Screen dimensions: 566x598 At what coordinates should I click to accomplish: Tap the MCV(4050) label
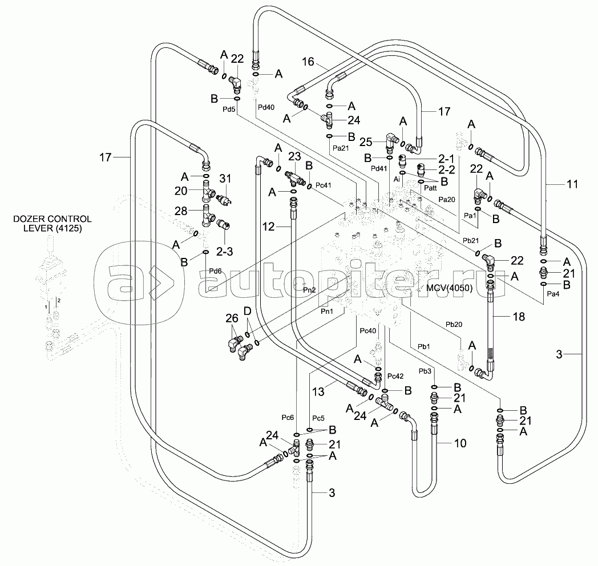[449, 288]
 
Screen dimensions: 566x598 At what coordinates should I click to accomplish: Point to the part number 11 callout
[572, 184]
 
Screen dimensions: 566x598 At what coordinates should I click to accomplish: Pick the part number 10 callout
[459, 442]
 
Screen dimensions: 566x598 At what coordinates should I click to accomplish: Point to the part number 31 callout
[225, 178]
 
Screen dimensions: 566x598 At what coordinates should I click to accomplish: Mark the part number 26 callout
[232, 318]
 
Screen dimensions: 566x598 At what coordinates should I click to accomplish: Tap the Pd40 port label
[266, 106]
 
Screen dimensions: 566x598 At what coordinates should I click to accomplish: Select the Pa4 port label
[553, 294]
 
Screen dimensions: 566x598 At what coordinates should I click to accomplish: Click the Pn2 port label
[309, 289]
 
